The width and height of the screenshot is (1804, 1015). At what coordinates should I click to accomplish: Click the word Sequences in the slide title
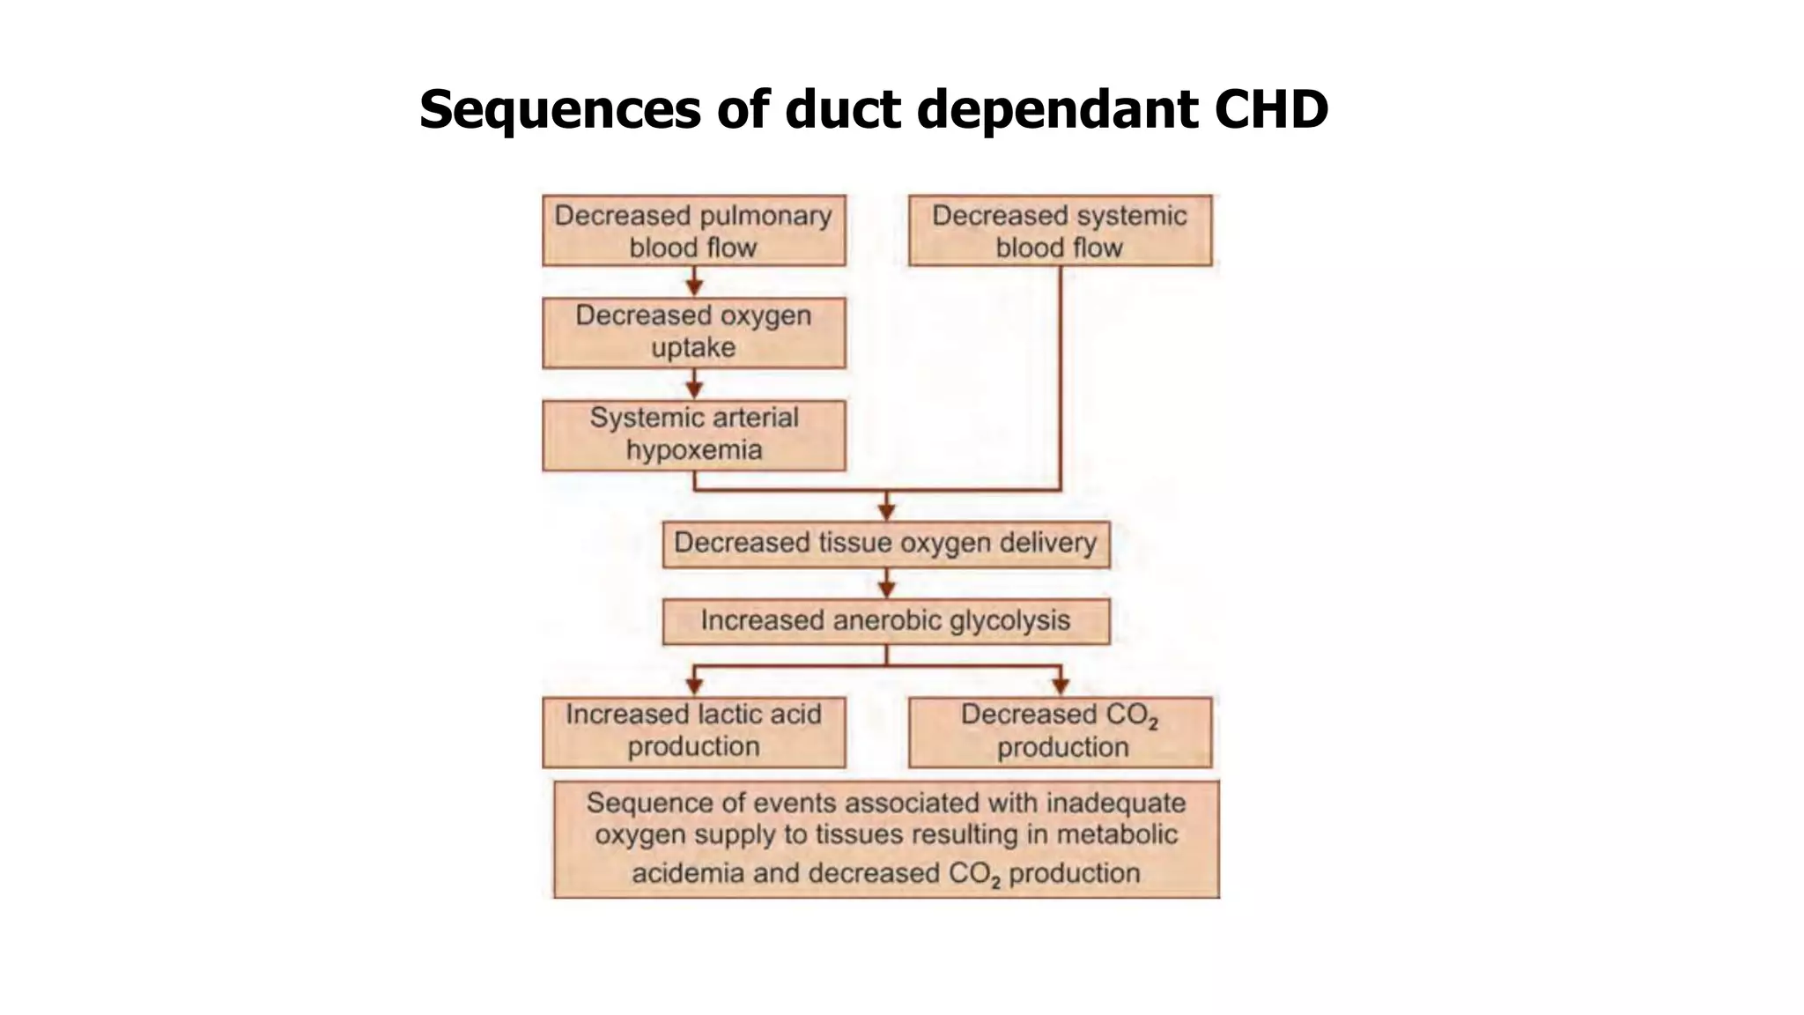click(x=559, y=110)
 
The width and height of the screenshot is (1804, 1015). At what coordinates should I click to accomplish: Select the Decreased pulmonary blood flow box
click(x=693, y=231)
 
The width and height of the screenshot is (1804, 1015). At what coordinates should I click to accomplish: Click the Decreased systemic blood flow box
click(x=1060, y=231)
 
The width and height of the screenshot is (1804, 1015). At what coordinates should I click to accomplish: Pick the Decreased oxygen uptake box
click(x=693, y=332)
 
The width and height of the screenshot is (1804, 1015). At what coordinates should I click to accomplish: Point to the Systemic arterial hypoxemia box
click(x=693, y=434)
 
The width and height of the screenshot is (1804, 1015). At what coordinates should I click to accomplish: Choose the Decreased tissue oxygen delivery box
click(x=885, y=544)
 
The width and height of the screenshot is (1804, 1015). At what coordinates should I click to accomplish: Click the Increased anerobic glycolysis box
click(x=885, y=621)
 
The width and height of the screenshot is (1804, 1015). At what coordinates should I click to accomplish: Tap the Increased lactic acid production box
click(x=693, y=731)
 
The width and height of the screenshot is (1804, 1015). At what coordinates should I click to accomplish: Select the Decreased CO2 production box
click(x=1060, y=731)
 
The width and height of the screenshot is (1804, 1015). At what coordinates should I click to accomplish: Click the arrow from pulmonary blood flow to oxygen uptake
click(x=694, y=283)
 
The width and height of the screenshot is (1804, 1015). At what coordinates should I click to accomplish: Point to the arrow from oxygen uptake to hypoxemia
click(x=694, y=385)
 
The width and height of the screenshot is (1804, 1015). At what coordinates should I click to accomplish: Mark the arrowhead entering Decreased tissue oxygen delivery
click(x=887, y=512)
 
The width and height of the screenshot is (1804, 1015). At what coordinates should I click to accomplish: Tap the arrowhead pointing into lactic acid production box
click(x=694, y=685)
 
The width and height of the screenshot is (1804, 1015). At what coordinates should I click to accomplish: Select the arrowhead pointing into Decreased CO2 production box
click(x=1061, y=685)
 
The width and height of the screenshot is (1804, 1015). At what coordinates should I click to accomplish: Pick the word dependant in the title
click(x=1058, y=110)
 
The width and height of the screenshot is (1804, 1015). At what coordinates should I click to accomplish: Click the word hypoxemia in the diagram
click(x=693, y=450)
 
